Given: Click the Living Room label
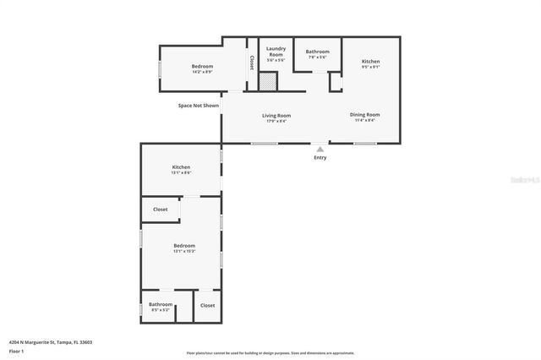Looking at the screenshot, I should point(276,115).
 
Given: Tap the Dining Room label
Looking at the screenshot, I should point(365,114).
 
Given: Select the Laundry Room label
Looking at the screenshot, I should point(276,52).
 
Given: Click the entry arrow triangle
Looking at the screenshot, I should point(320,149).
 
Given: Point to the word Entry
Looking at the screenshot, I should point(320,157).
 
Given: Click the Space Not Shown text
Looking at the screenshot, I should point(198,106).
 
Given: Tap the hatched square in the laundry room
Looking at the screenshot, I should point(267,82).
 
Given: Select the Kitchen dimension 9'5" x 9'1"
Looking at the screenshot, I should point(371,67).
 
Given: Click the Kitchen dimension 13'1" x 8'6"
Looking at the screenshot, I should point(182,172).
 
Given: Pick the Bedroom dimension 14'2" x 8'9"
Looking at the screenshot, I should point(202,72).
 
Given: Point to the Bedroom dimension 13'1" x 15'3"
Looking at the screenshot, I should point(184,251).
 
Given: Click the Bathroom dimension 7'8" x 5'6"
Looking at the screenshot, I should point(317,57).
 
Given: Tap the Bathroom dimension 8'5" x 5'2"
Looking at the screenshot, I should point(161,309).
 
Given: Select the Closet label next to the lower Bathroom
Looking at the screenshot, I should point(207,305).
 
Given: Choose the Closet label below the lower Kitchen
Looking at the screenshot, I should point(160,210).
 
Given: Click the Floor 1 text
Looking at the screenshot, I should point(16,350).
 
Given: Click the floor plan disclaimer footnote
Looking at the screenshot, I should point(270,353).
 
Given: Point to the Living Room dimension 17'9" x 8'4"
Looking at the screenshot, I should point(276,121).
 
